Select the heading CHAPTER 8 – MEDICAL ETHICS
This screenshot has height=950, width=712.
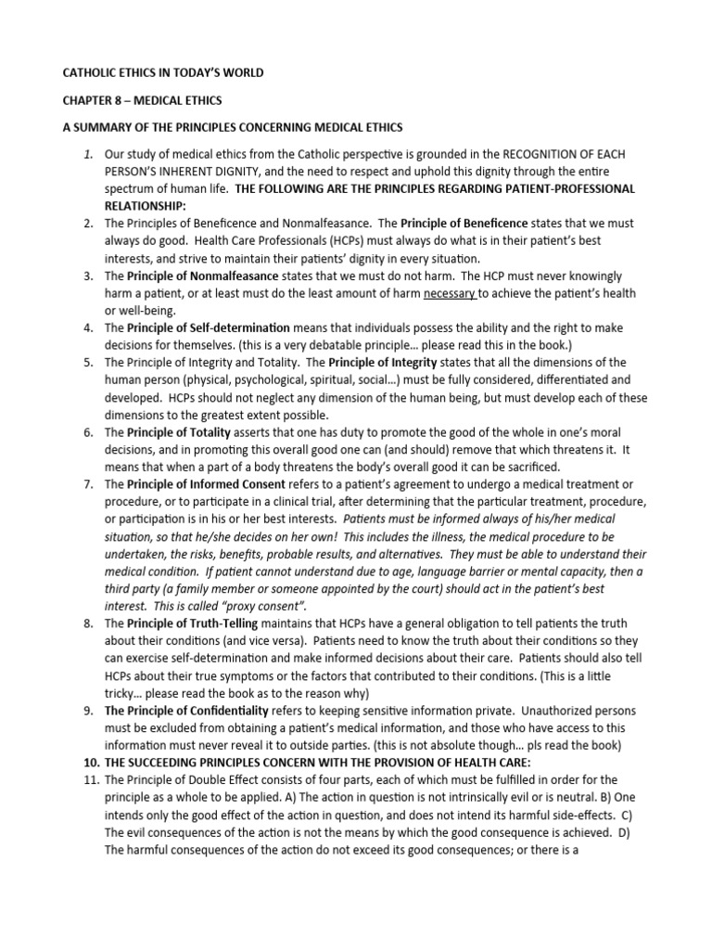(136, 99)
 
